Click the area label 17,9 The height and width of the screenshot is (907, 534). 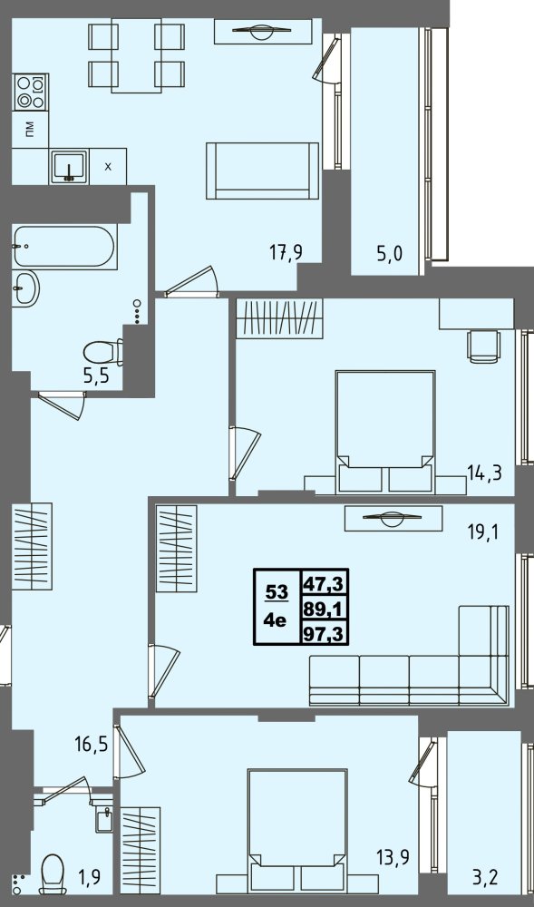286,252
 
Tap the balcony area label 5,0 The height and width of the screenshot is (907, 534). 390,253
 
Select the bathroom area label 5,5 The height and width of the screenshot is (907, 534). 96,377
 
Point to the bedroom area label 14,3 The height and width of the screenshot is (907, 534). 484,473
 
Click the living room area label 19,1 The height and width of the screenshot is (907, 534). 483,532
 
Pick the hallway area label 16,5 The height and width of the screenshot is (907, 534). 92,744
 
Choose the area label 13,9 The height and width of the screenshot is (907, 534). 393,857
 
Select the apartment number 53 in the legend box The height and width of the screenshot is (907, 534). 277,591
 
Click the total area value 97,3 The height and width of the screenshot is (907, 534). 324,634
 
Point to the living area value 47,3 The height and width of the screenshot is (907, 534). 324,583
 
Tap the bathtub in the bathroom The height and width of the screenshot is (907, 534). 64,247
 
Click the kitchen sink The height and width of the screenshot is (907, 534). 69,167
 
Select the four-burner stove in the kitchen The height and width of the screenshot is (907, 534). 31,92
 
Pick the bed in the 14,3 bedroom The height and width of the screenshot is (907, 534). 385,432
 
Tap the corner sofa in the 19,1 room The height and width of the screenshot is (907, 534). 409,656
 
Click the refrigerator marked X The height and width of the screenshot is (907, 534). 108,167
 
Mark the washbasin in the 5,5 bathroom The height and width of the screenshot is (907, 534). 26,288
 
